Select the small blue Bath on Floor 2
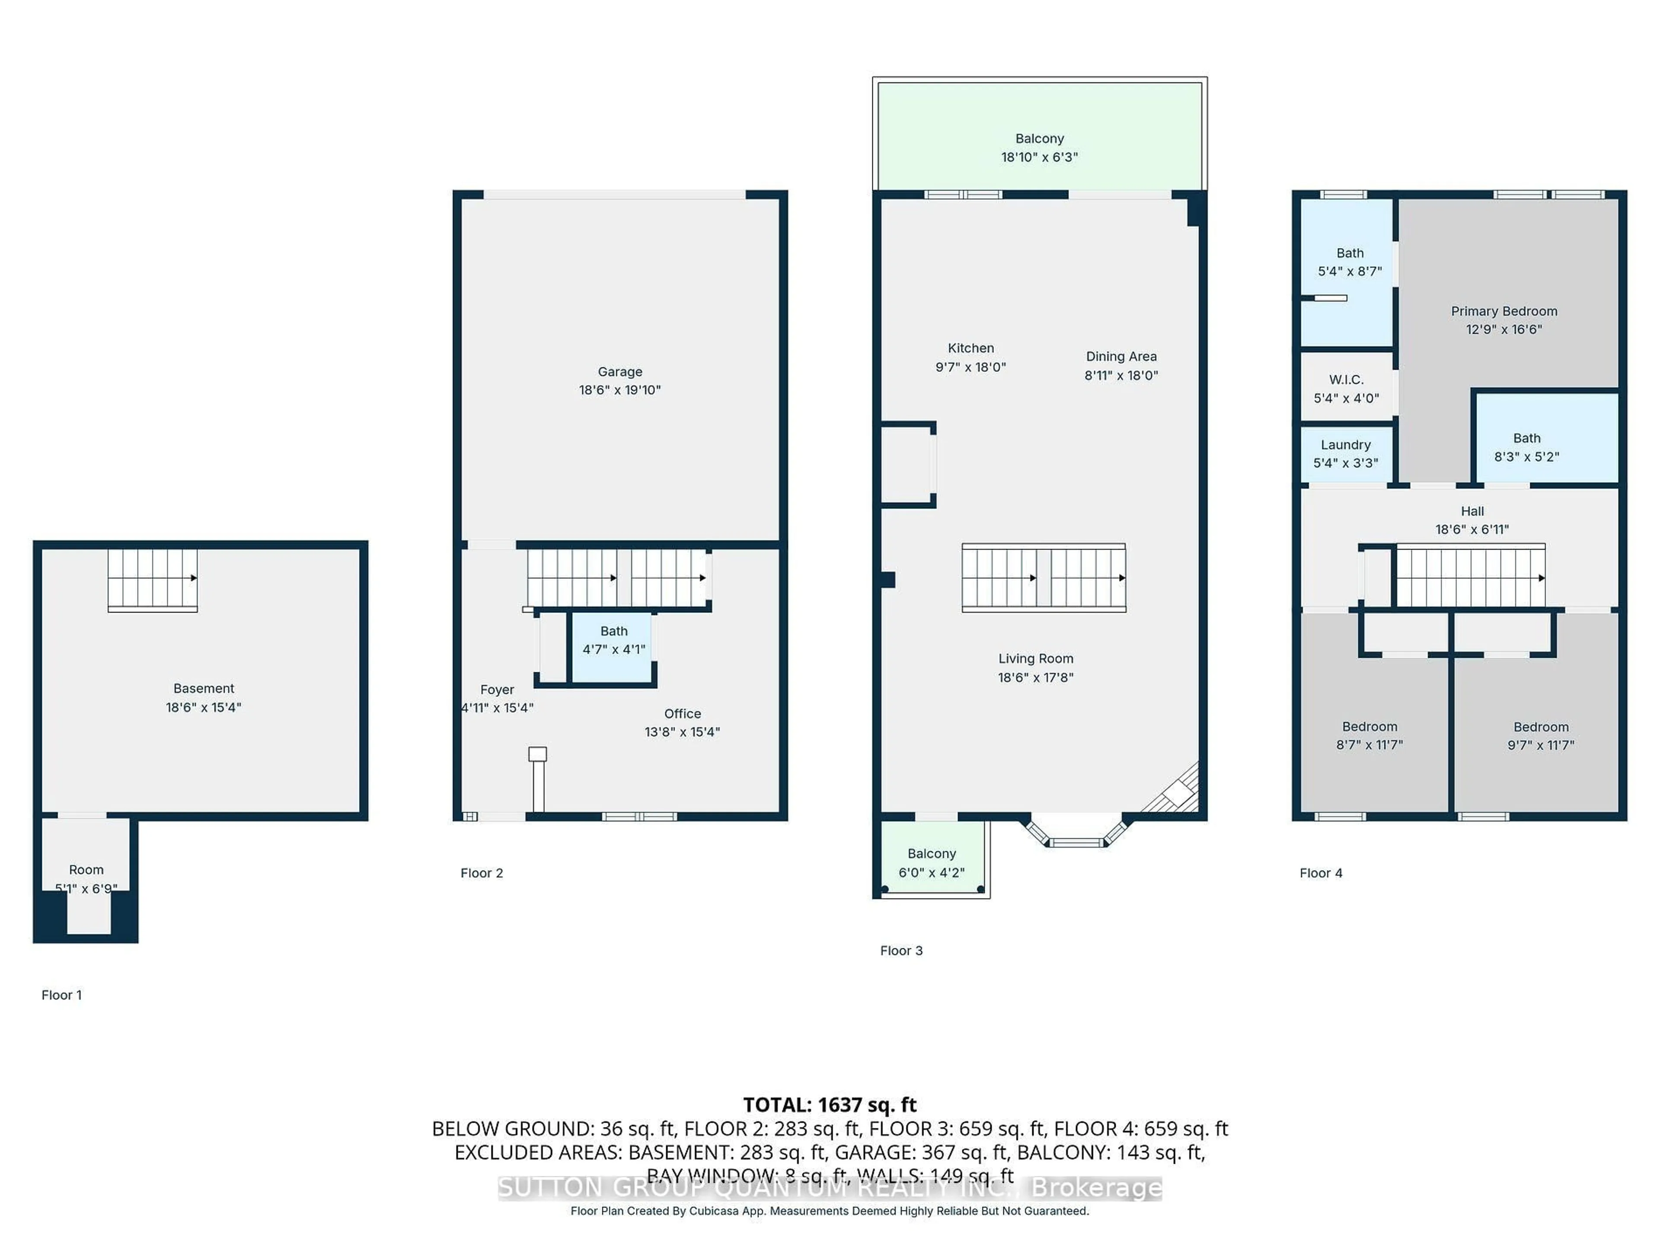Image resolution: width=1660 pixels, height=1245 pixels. tap(613, 647)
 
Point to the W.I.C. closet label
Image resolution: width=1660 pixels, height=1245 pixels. tap(1346, 380)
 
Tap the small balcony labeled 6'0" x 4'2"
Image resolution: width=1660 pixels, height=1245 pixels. tap(931, 863)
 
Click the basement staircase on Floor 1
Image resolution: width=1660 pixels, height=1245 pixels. tap(152, 578)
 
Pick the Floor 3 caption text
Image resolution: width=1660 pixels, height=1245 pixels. tap(900, 951)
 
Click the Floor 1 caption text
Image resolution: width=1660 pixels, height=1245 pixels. tap(61, 995)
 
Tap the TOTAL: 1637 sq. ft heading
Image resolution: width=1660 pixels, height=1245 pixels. tap(829, 1105)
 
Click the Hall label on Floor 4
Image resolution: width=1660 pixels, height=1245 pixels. tap(1472, 511)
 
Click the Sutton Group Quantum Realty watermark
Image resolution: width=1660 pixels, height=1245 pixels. tap(829, 1188)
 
